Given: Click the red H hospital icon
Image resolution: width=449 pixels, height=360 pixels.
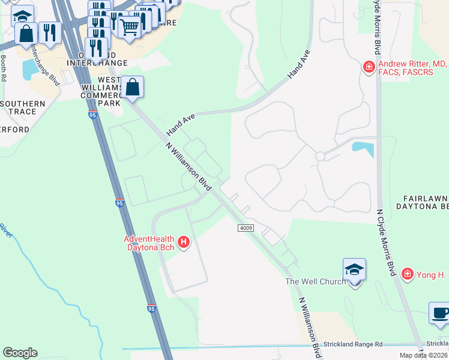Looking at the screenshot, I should point(184,242).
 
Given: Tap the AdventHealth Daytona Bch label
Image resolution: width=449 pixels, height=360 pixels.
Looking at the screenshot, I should point(149,242).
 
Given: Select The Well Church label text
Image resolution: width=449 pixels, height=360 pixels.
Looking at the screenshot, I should point(315,281).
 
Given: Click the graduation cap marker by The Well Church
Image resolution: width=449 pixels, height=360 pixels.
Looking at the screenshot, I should point(354,271).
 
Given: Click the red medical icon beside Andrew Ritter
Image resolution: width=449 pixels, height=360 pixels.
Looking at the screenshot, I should point(369,66).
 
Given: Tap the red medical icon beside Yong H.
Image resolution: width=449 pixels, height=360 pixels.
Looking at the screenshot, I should point(408,274).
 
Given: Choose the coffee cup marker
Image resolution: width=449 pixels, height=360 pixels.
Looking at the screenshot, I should point(439,314).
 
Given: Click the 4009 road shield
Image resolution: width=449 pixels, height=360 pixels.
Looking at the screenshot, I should point(246,228).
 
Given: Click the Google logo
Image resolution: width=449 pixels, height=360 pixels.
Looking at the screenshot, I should point(20,353).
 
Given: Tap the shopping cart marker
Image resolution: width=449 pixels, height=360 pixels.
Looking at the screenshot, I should point(130,26).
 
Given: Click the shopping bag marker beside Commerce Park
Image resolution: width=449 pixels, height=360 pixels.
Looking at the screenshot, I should point(133,88).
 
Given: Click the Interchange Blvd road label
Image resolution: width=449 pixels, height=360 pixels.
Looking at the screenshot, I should point(46,64).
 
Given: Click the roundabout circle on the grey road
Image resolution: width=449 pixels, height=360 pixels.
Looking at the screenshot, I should point(320,156).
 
